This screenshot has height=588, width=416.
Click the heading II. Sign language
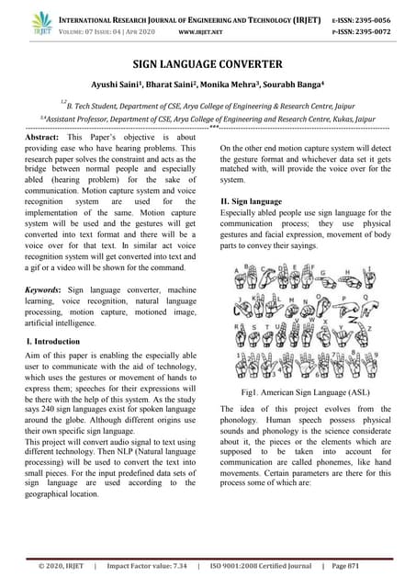pyautogui.click(x=254, y=200)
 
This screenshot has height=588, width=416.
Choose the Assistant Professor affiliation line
pyautogui.click(x=208, y=119)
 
